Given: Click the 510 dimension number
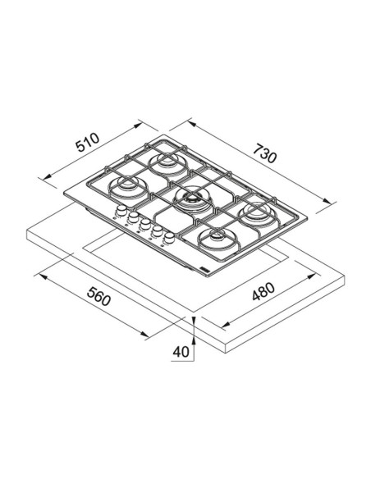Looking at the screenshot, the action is point(88,142).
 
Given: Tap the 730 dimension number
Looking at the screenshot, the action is point(265,153).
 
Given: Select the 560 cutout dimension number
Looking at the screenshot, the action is point(98,296).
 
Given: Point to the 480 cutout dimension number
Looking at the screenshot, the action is point(263,292).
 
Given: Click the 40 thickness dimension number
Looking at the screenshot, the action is point(181,352).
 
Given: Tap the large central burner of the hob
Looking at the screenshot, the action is point(191,200).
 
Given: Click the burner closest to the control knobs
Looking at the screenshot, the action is point(128,187).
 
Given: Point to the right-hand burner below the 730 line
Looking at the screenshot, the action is point(259,214).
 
